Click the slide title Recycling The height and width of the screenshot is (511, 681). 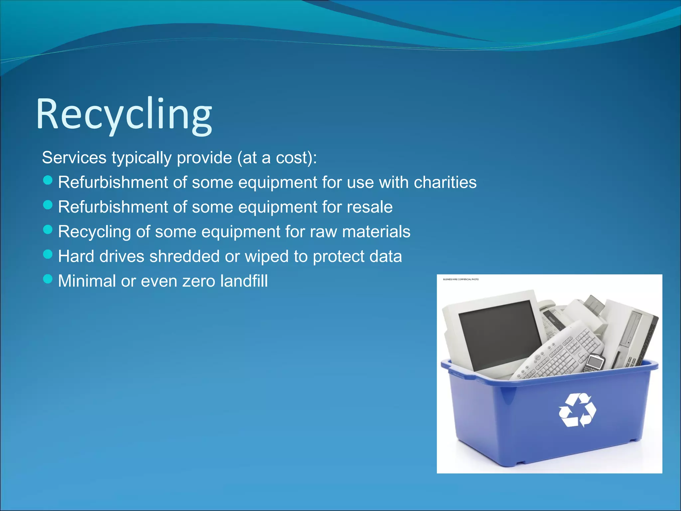point(124,114)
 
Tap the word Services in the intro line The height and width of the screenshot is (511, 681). point(74,158)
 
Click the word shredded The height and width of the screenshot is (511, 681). point(184,256)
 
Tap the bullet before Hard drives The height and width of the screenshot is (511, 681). point(48,255)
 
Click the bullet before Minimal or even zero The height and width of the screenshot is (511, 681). point(48,279)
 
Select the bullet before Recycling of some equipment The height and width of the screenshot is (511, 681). point(48,230)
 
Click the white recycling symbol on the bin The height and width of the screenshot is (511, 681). point(577,410)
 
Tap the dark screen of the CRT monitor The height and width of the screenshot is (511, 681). point(499,333)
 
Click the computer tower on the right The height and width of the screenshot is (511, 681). point(632,336)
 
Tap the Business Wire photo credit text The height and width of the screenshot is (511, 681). point(461,279)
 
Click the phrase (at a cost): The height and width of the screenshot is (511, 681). point(277,158)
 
